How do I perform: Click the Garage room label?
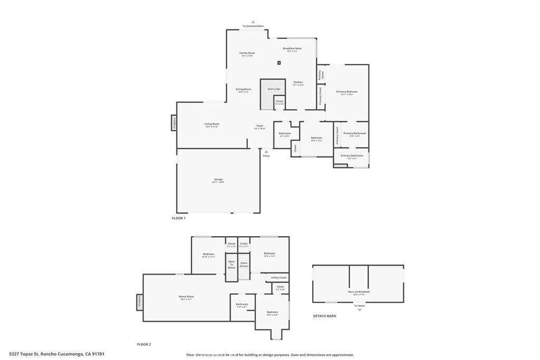coord(218,180)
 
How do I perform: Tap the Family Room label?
coord(247,54)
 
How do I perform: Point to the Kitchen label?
coord(298,83)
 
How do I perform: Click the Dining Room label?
coord(243,90)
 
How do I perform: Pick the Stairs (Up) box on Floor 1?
coord(273,90)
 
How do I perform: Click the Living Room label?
coord(211,125)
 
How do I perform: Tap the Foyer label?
coord(260,127)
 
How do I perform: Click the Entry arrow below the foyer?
coord(266,152)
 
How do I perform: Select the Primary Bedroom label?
coord(346,93)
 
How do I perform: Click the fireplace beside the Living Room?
coord(173,123)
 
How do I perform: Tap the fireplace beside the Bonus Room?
coord(140,301)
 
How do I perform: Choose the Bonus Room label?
coord(186,297)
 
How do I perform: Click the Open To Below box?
coord(232,264)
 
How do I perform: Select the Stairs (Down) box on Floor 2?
coord(244,264)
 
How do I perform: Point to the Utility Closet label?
coord(279,277)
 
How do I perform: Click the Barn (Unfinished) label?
coord(359,293)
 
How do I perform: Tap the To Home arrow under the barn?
coord(360,310)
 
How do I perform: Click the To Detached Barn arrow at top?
coord(253,22)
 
